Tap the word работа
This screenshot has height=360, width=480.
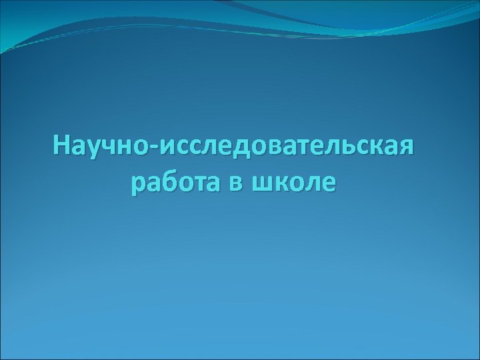click(175, 182)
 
